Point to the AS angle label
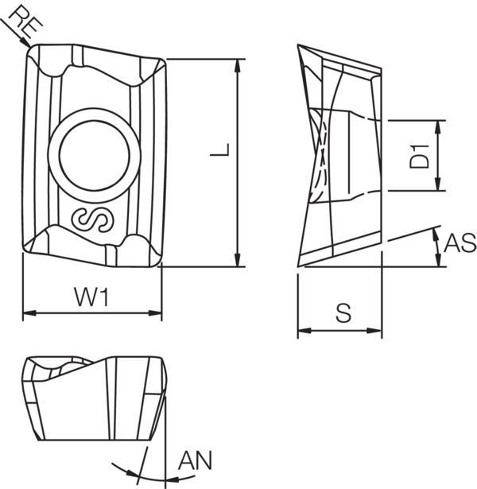[x=460, y=244]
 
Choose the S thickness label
[x=342, y=314]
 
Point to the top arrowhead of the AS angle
[x=436, y=232]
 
